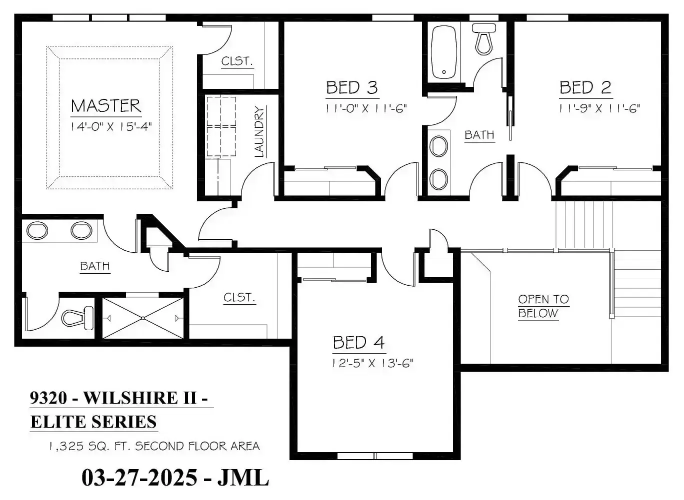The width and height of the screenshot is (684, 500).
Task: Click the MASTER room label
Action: [x=106, y=106]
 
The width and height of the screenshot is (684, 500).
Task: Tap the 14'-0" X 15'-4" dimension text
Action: [x=111, y=126]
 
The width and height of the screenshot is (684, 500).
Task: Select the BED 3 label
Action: [x=351, y=88]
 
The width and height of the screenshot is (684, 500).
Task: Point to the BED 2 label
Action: [x=585, y=88]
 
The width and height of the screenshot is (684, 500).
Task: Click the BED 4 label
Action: [x=358, y=343]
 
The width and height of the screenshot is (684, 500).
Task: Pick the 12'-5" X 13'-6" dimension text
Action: [x=372, y=363]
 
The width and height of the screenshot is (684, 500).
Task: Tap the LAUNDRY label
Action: [x=259, y=131]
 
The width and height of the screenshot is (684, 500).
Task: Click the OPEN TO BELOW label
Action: [x=543, y=306]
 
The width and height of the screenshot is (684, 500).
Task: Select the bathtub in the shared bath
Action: [x=443, y=52]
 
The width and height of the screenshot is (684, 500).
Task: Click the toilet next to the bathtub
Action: [x=484, y=38]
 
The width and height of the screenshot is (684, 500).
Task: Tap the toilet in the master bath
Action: [x=78, y=317]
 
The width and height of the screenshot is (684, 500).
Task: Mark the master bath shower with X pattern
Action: [x=143, y=318]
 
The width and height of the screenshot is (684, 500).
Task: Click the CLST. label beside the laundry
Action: [x=237, y=61]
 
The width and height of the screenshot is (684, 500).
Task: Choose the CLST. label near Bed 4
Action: [x=239, y=298]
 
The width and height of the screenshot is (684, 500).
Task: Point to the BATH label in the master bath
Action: [x=95, y=266]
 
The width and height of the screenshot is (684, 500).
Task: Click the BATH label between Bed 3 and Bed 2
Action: [x=479, y=135]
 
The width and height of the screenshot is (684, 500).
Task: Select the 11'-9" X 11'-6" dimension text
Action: [x=599, y=108]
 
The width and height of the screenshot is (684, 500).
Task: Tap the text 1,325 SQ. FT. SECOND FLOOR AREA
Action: [x=154, y=446]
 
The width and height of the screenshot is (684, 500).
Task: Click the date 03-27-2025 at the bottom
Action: [x=139, y=478]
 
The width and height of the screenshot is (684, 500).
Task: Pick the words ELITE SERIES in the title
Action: [x=93, y=422]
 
